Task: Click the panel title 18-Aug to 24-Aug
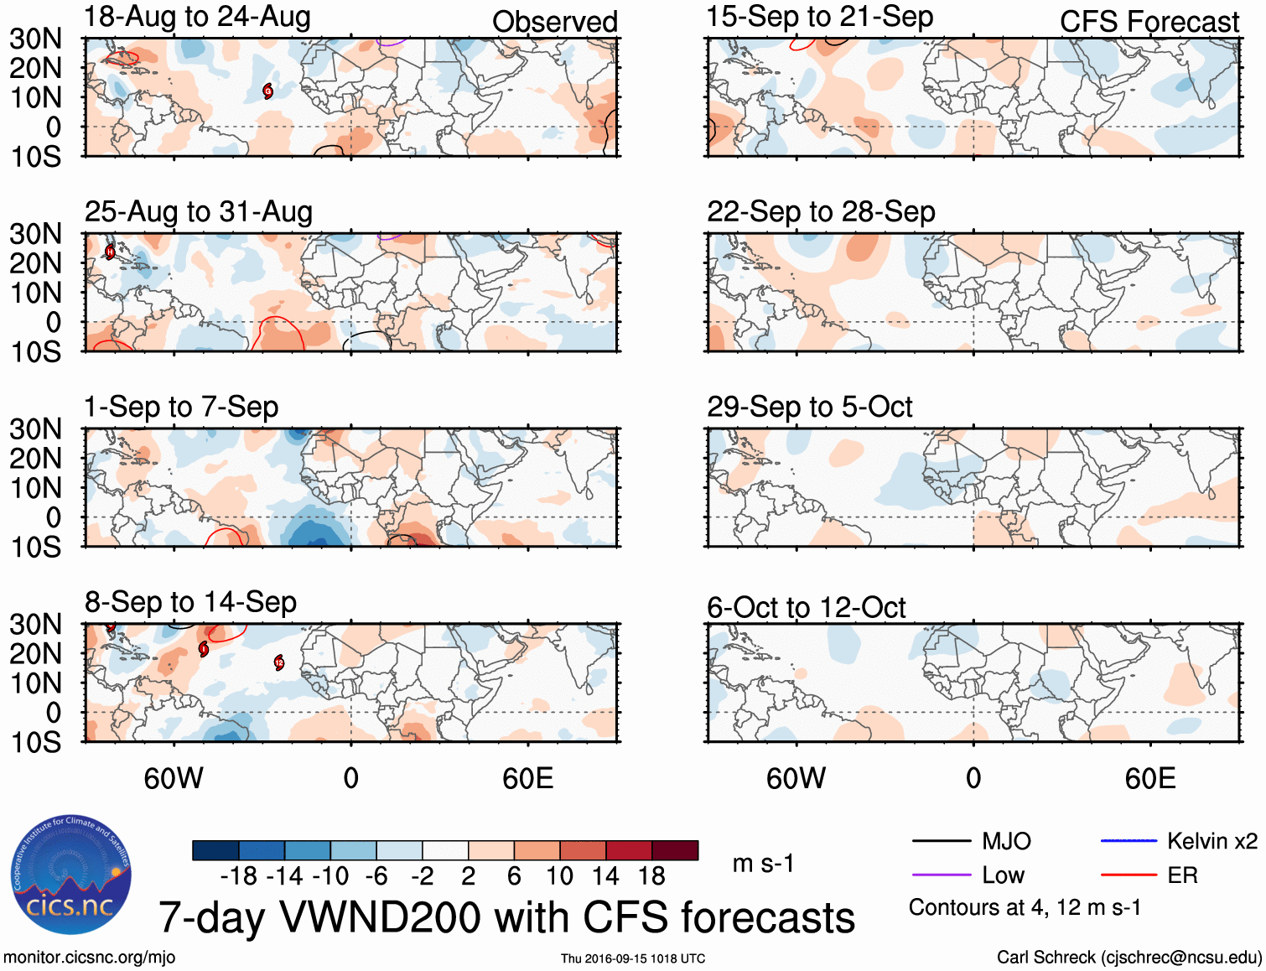pyautogui.click(x=198, y=17)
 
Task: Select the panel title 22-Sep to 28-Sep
pyautogui.click(x=821, y=211)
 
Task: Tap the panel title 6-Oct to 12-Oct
pyautogui.click(x=807, y=607)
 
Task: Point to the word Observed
pyautogui.click(x=554, y=22)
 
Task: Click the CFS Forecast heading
pyautogui.click(x=1149, y=22)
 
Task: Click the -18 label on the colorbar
pyautogui.click(x=239, y=876)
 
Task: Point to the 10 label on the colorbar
pyautogui.click(x=559, y=876)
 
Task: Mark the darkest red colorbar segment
pyautogui.click(x=675, y=850)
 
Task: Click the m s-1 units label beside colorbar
pyautogui.click(x=763, y=864)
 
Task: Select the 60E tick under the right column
pyautogui.click(x=1149, y=778)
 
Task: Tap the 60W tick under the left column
pyautogui.click(x=174, y=778)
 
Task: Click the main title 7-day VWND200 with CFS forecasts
pyautogui.click(x=506, y=917)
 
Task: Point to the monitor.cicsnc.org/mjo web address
pyautogui.click(x=90, y=958)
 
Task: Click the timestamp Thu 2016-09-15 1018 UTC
pyautogui.click(x=633, y=958)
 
